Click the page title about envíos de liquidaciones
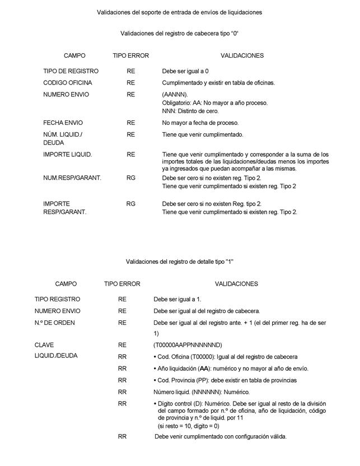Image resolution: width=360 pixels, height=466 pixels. click(x=179, y=11)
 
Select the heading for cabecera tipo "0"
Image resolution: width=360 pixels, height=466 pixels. click(x=180, y=34)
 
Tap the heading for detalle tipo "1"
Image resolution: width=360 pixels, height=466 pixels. click(x=179, y=262)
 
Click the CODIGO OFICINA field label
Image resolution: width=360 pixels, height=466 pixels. click(x=68, y=83)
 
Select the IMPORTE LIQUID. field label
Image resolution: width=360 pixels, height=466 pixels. click(x=67, y=154)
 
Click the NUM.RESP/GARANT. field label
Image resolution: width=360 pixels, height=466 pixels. click(x=72, y=178)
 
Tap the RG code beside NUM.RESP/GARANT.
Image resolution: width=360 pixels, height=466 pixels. click(x=130, y=178)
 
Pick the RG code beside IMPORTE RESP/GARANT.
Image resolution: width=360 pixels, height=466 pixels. click(x=130, y=204)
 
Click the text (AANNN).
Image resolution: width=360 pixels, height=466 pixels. click(x=175, y=95)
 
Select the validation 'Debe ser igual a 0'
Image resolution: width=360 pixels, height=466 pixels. click(x=186, y=72)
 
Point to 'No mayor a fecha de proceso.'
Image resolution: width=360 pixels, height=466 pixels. click(x=200, y=123)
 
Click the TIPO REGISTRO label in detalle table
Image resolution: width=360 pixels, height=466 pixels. click(x=58, y=299)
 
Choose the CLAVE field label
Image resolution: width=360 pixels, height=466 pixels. click(x=44, y=344)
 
